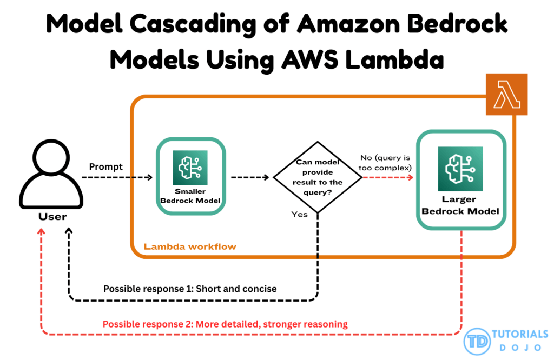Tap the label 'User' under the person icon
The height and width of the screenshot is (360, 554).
pos(52,217)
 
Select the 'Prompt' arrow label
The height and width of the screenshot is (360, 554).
pos(106,167)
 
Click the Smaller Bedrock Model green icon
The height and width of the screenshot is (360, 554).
pos(190,168)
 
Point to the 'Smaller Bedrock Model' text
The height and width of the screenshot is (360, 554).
pos(190,196)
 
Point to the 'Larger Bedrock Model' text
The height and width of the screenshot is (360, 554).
pos(460,205)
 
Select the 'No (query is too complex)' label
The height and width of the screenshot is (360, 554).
pos(385,162)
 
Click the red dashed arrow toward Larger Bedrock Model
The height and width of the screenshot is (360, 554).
pos(386,177)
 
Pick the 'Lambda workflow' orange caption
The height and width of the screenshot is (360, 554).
pos(190,246)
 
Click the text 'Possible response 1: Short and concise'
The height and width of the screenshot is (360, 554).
pos(190,289)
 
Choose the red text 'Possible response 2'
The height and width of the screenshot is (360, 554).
pos(225,324)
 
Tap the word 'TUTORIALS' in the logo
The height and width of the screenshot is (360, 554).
pos(520,334)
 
